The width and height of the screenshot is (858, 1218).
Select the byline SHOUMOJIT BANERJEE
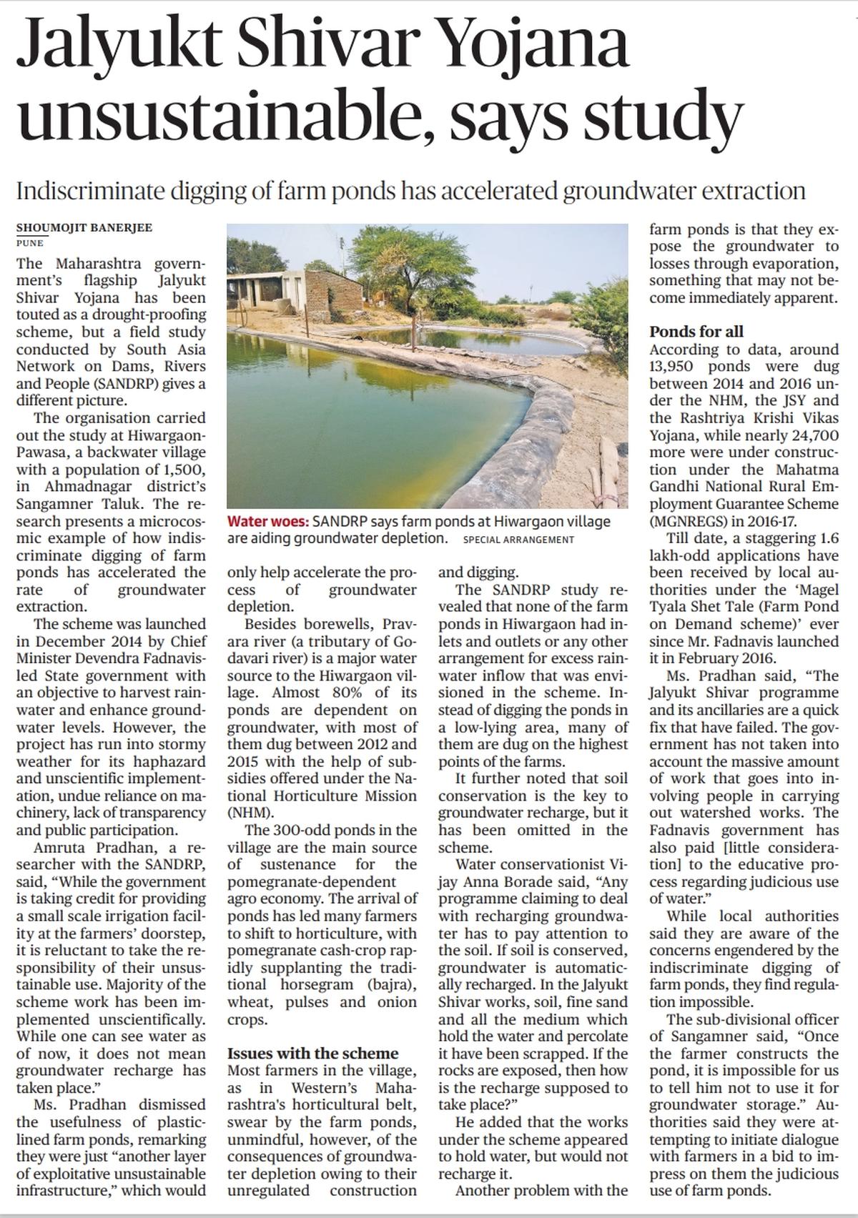pyautogui.click(x=84, y=228)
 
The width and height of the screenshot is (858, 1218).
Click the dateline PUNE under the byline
pyautogui.click(x=29, y=243)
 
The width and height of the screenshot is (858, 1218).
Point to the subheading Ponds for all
pyautogui.click(x=696, y=332)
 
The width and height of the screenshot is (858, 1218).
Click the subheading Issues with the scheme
pyautogui.click(x=312, y=1054)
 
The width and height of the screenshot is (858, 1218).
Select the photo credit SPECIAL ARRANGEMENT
pyautogui.click(x=518, y=540)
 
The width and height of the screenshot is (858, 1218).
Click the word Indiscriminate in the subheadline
pyautogui.click(x=89, y=191)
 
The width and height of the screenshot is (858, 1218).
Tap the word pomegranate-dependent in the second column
pyautogui.click(x=311, y=882)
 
